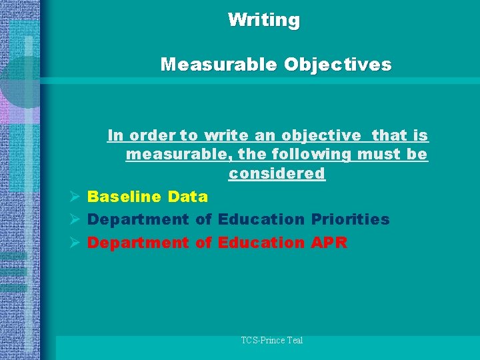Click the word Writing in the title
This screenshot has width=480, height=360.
[264, 20]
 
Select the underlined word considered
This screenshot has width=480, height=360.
[277, 173]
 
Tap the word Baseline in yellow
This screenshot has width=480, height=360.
[124, 197]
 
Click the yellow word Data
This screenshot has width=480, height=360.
[188, 197]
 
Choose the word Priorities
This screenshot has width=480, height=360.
[350, 219]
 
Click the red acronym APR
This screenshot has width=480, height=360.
[329, 243]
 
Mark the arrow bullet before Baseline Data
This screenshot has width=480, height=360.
[75, 197]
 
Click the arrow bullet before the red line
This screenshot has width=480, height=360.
[75, 243]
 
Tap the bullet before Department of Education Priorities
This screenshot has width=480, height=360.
[75, 219]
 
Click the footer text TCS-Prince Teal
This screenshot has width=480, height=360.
[272, 340]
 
